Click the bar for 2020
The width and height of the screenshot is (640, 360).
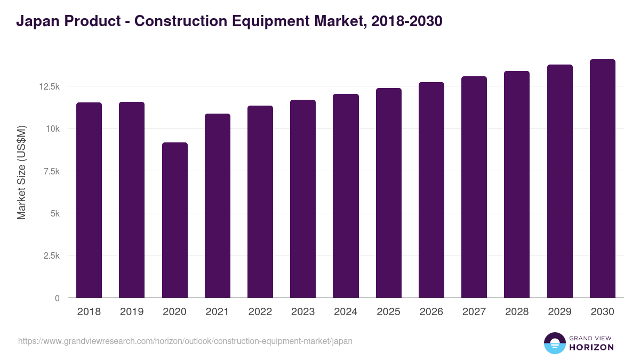point(174,220)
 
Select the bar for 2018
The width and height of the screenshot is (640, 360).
point(89,200)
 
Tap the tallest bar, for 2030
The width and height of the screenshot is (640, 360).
point(602,179)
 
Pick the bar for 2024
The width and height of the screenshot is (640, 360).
point(346,196)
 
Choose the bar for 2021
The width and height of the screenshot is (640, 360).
point(217,205)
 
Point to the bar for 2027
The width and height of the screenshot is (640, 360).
point(474,187)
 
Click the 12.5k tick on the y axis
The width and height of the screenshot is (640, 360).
point(49,86)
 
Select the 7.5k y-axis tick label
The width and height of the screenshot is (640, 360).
point(51,171)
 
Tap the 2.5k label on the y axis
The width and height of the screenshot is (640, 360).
point(51,255)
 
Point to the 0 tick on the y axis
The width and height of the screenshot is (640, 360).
point(57,298)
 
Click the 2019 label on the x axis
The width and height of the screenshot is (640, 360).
point(132,312)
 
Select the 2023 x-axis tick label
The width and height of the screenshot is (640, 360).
point(303,312)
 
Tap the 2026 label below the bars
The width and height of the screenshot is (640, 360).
point(431,312)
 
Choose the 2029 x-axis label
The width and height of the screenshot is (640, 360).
point(559,312)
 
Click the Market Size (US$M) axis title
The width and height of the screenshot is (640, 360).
point(21,172)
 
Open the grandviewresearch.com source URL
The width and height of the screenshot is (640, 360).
point(185,341)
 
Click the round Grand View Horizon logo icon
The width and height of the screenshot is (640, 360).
point(554,343)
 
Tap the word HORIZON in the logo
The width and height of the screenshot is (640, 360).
point(591,347)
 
